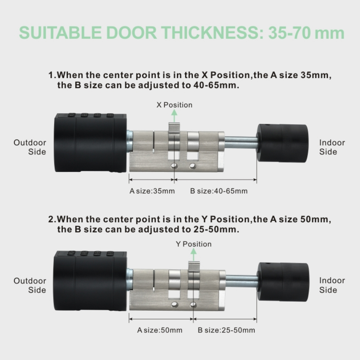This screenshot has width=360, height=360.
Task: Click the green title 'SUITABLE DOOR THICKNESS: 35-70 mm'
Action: click(x=181, y=33)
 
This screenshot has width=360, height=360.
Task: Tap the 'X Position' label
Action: click(x=174, y=105)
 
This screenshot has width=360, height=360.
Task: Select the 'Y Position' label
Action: click(x=194, y=244)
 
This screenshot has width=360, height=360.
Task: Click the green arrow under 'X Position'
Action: click(x=174, y=116)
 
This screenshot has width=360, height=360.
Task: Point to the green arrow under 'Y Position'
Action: click(x=193, y=254)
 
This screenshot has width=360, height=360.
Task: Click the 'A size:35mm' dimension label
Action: click(x=152, y=191)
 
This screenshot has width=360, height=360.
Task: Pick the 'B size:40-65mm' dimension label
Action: click(x=219, y=191)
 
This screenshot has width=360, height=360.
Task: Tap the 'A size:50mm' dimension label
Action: click(x=160, y=330)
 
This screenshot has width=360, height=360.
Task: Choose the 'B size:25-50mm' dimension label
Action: click(x=226, y=330)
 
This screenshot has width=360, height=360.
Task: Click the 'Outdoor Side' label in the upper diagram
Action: click(x=30, y=147)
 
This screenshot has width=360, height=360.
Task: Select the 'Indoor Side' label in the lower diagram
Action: click(x=332, y=285)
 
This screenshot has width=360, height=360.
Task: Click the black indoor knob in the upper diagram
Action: click(x=283, y=143)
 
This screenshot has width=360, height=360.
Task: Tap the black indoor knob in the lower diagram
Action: click(x=283, y=282)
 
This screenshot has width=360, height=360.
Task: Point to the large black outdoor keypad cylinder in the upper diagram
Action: click(x=91, y=143)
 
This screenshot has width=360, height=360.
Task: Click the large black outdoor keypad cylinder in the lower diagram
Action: click(x=91, y=281)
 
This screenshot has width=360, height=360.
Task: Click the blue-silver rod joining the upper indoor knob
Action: click(x=241, y=143)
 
